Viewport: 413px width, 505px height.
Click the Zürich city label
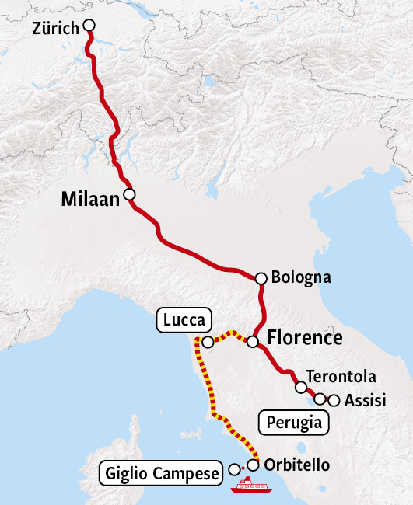56,29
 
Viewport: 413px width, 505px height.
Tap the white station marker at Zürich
89,26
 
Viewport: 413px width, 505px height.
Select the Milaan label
90,200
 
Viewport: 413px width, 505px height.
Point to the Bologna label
301,277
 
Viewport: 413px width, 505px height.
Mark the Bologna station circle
261,277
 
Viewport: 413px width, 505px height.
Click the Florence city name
304,338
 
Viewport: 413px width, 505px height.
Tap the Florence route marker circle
253,341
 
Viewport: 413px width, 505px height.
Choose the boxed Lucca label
184,319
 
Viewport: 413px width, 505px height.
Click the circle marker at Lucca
208,342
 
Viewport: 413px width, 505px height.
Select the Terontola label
341,377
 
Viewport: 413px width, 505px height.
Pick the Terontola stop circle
301,386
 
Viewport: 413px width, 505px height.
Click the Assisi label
366,401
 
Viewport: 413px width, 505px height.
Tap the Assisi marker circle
334,401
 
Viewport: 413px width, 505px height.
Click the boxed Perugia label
293,423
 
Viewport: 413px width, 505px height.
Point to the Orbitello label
297,465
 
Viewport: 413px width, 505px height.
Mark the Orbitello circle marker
253,465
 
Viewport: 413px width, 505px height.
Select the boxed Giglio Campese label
159,472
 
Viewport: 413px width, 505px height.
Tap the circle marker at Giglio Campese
235,469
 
